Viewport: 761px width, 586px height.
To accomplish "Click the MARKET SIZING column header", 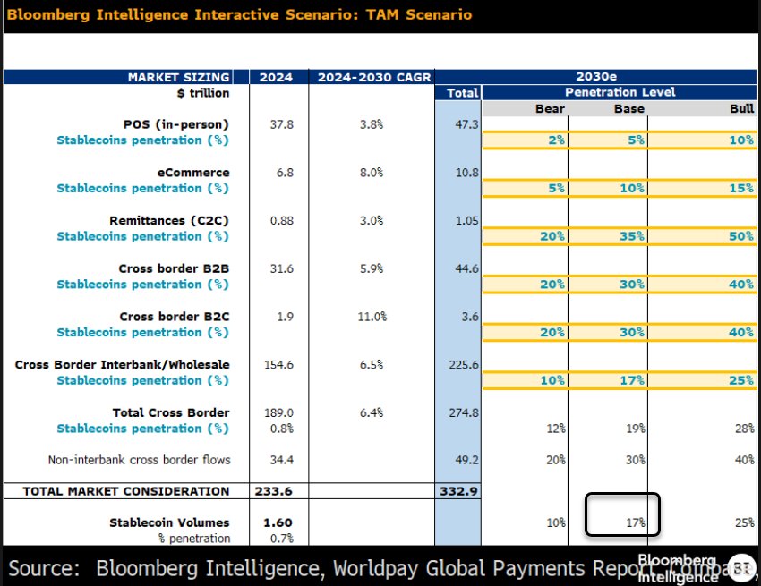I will (178, 77).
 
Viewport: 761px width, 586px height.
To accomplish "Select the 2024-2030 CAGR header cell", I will (366, 77).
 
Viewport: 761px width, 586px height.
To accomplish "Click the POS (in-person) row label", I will (175, 124).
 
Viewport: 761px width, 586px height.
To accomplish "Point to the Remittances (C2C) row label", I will (169, 220).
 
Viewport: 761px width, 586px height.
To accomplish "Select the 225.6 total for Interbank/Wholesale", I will (462, 364).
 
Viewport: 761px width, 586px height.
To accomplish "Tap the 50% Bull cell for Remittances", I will (740, 236).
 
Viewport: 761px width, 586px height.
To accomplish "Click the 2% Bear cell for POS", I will (554, 140).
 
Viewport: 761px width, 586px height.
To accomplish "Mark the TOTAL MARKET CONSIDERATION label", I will (125, 491).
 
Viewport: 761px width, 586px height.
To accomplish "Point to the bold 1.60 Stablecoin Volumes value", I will (278, 522).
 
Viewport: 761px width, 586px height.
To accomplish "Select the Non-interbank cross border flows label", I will (139, 460).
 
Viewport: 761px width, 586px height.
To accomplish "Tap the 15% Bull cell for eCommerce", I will (740, 188).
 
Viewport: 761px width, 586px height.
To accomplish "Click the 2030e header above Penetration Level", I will (620, 77).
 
